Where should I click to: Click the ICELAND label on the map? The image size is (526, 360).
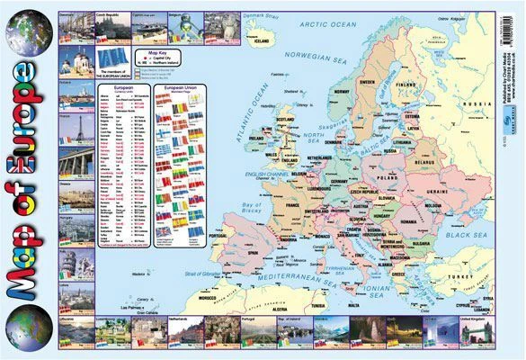coord(263,40)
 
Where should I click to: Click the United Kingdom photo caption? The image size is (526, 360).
coord(471,319)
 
